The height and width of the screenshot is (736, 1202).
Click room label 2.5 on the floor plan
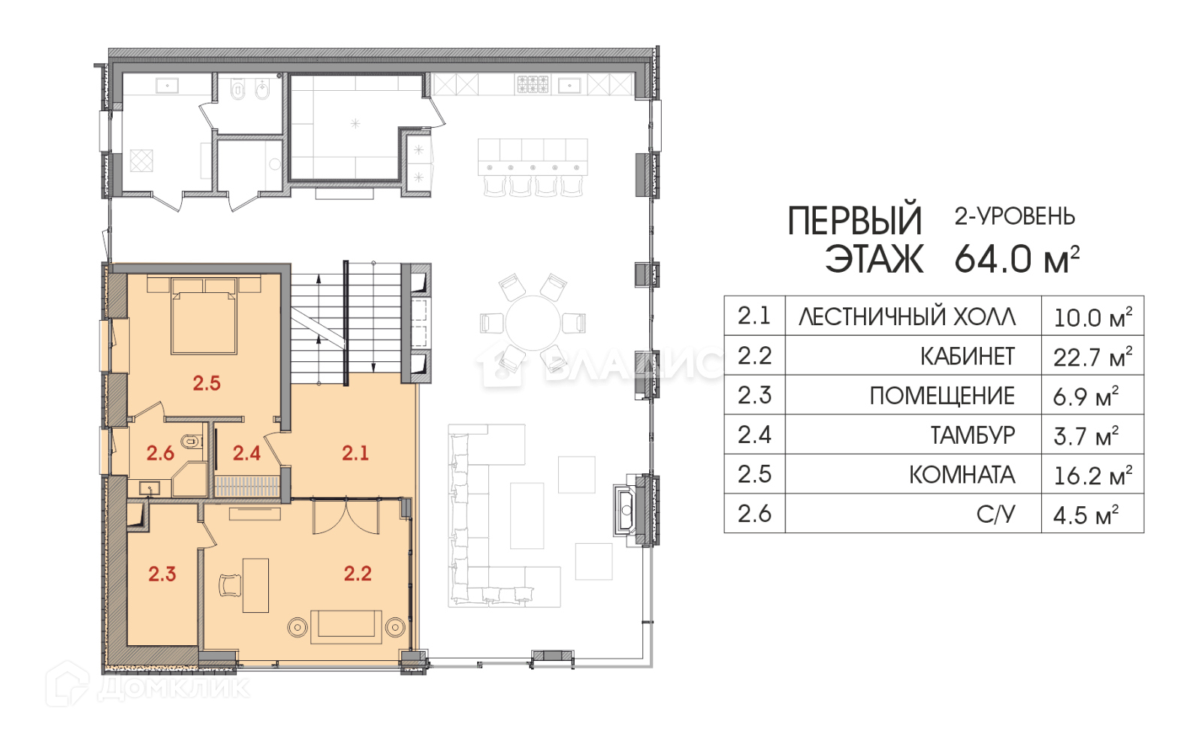[207, 383]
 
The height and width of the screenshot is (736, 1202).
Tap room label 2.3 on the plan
[162, 574]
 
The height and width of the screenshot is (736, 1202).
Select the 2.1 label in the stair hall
[355, 454]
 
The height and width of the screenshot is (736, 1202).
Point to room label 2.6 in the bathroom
[161, 454]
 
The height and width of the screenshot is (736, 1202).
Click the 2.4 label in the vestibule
[246, 454]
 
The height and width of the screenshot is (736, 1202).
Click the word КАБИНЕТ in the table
[968, 356]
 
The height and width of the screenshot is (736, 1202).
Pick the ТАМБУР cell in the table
[973, 435]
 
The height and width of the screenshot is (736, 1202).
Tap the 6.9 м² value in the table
[1086, 397]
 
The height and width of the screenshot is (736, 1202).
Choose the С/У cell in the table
[996, 514]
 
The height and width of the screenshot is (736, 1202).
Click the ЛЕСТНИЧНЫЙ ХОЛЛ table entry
[908, 316]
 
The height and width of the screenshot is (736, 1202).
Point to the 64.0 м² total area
[1017, 259]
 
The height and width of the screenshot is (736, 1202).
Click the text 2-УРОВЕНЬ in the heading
[1015, 216]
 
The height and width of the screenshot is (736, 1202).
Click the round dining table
[533, 322]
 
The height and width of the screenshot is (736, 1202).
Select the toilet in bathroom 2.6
[190, 442]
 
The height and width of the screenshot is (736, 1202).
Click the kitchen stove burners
[533, 84]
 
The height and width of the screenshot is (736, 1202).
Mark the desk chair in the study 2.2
[230, 585]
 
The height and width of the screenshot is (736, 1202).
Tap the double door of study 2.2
[346, 516]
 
